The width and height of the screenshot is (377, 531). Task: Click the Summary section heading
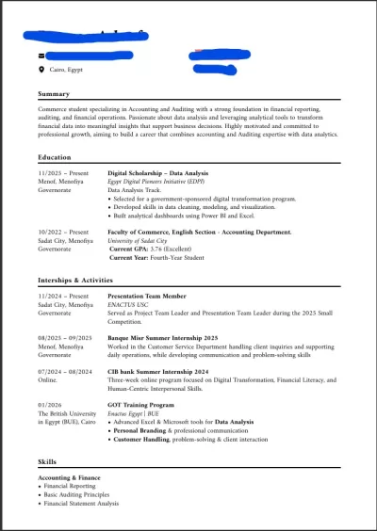pos(53,94)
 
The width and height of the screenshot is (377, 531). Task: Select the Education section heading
pos(55,156)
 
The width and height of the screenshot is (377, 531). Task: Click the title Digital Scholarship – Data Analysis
pos(157,174)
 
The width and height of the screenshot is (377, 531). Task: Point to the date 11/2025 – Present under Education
pos(63,174)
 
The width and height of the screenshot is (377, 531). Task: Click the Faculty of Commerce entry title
pos(199,232)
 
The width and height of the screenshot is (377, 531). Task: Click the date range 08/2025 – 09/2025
pos(65,337)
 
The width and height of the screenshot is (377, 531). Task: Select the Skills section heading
pos(47,462)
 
